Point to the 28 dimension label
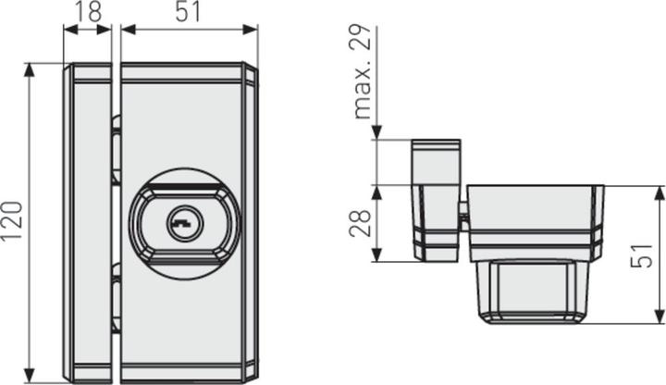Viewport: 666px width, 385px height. click(363, 223)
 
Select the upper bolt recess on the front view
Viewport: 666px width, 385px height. click(116, 148)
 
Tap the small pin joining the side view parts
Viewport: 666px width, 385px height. click(462, 214)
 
